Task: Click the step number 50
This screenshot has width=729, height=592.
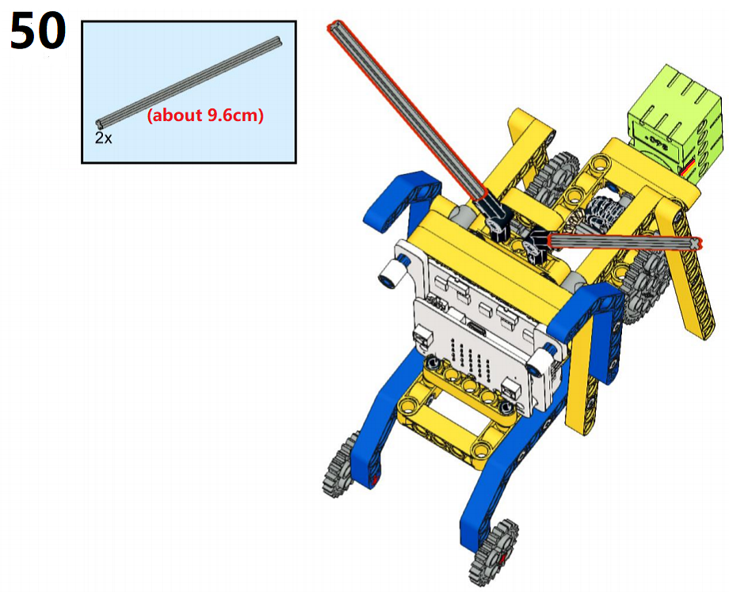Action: pyautogui.click(x=38, y=31)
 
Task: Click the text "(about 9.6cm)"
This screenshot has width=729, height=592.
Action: pyautogui.click(x=205, y=115)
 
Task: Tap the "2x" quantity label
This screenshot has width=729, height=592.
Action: pyautogui.click(x=103, y=138)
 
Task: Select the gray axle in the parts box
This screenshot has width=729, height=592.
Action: pyautogui.click(x=189, y=82)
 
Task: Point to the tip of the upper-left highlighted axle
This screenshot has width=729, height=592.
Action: pyautogui.click(x=334, y=27)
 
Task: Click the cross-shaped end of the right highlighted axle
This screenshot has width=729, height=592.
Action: pyautogui.click(x=695, y=243)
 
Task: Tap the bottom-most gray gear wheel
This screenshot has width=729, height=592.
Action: pyautogui.click(x=494, y=553)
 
